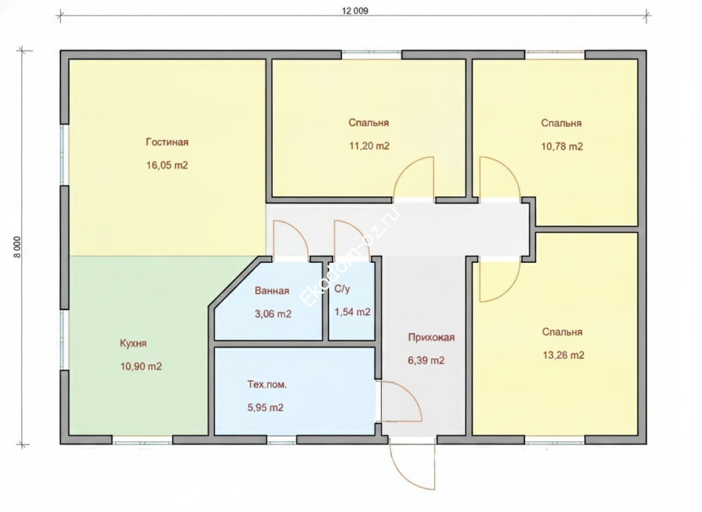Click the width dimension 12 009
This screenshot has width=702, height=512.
coord(355,11)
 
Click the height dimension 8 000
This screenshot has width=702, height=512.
coord(17,247)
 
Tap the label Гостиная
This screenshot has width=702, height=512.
coord(167,142)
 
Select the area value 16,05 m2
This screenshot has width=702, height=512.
coord(167,165)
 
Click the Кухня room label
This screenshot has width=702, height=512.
coord(133,343)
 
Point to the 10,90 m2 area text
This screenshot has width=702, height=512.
coord(141,366)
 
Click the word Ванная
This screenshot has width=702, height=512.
coord(271,290)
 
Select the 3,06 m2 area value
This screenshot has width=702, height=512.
coord(273,314)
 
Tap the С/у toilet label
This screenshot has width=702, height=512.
coord(342,289)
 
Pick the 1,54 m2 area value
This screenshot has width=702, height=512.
coord(352,312)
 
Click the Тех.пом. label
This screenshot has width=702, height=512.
coord(267,384)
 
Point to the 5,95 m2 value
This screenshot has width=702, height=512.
coord(265,408)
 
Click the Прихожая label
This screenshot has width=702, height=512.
coord(431,337)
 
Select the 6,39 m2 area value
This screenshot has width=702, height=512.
coord(426,360)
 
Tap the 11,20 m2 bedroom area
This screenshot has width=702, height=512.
coord(369,146)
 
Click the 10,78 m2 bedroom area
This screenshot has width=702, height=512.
coord(562,146)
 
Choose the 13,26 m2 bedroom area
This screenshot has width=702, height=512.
coord(564,355)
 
